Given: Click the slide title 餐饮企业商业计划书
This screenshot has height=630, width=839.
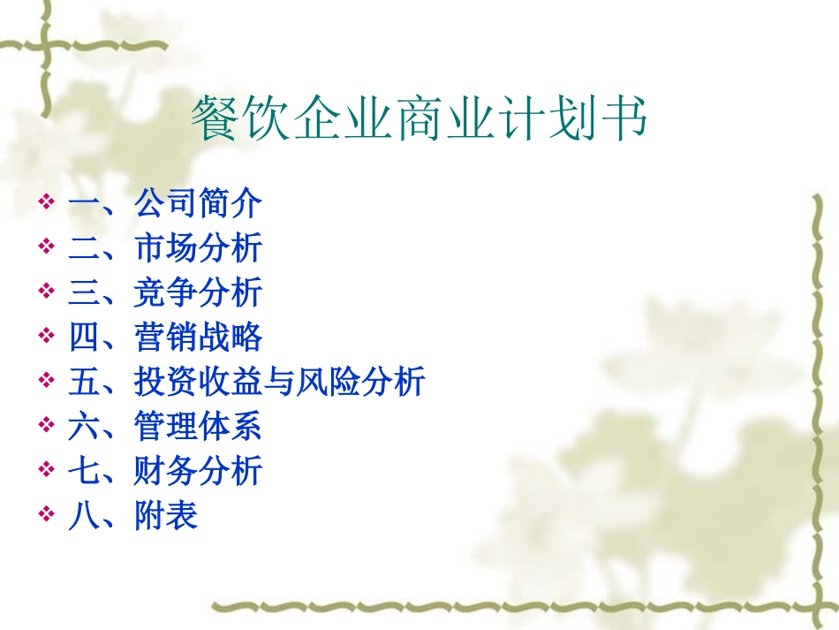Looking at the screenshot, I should pos(419,120).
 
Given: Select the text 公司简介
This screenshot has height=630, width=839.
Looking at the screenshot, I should pos(198,204).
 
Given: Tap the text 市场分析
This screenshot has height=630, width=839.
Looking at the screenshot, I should pos(198,248).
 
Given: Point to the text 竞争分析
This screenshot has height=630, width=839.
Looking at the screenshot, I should pos(198,293).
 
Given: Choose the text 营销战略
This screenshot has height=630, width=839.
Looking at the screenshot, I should pos(198,338).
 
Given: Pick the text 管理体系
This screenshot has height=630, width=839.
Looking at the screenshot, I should pos(198,427).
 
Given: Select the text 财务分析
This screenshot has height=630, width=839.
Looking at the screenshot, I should pos(198,471).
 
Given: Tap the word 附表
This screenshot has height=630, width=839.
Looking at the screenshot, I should pos(166,516).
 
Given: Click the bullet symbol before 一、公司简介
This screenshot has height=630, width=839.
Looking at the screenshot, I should pos(47,205).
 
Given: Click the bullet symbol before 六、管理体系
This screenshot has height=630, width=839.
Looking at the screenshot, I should pos(47,428).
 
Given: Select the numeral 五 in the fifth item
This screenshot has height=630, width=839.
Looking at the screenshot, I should pos(84,383).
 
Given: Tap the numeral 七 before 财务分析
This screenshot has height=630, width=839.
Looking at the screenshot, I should pos(84,471).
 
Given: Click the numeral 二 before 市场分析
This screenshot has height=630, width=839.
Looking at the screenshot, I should pos(84,248).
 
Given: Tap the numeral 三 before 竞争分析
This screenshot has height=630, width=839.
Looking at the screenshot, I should pos(84,293).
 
